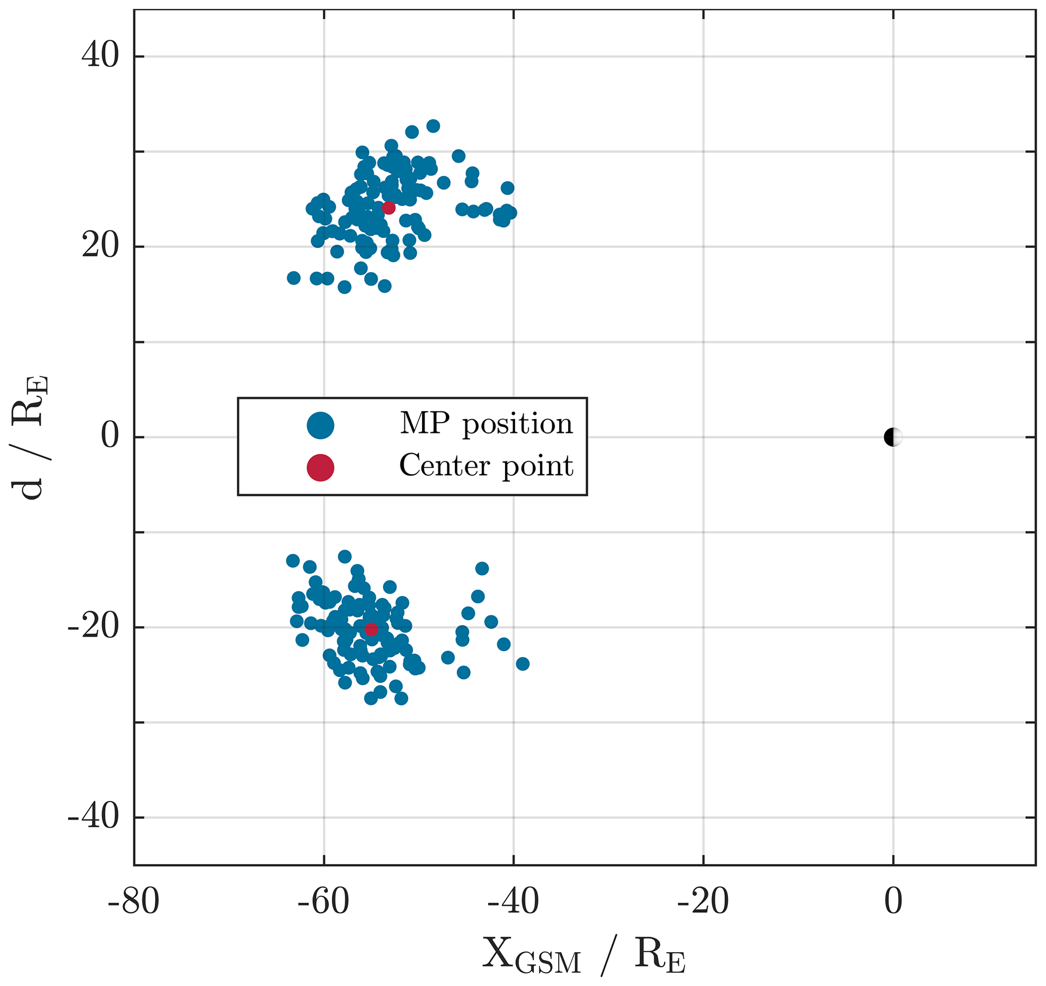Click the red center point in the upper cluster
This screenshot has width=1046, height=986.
[x=388, y=208]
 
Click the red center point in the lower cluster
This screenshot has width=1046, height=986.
[x=371, y=629]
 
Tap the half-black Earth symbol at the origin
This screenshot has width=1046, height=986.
[x=893, y=437]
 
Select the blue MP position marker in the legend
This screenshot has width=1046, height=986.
[x=320, y=425]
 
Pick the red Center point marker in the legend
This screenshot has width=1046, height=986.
[x=320, y=467]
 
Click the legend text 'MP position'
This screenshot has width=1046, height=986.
[x=486, y=424]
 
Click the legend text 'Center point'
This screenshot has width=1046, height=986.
[x=486, y=466]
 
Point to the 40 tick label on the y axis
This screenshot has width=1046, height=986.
[x=100, y=56]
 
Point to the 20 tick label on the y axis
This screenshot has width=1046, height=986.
[x=100, y=246]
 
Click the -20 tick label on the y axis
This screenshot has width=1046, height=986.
[x=93, y=628]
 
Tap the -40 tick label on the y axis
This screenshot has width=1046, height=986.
[x=93, y=817]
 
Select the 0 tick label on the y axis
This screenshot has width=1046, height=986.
[x=109, y=437]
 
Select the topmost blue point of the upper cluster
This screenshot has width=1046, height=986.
[x=433, y=126]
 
